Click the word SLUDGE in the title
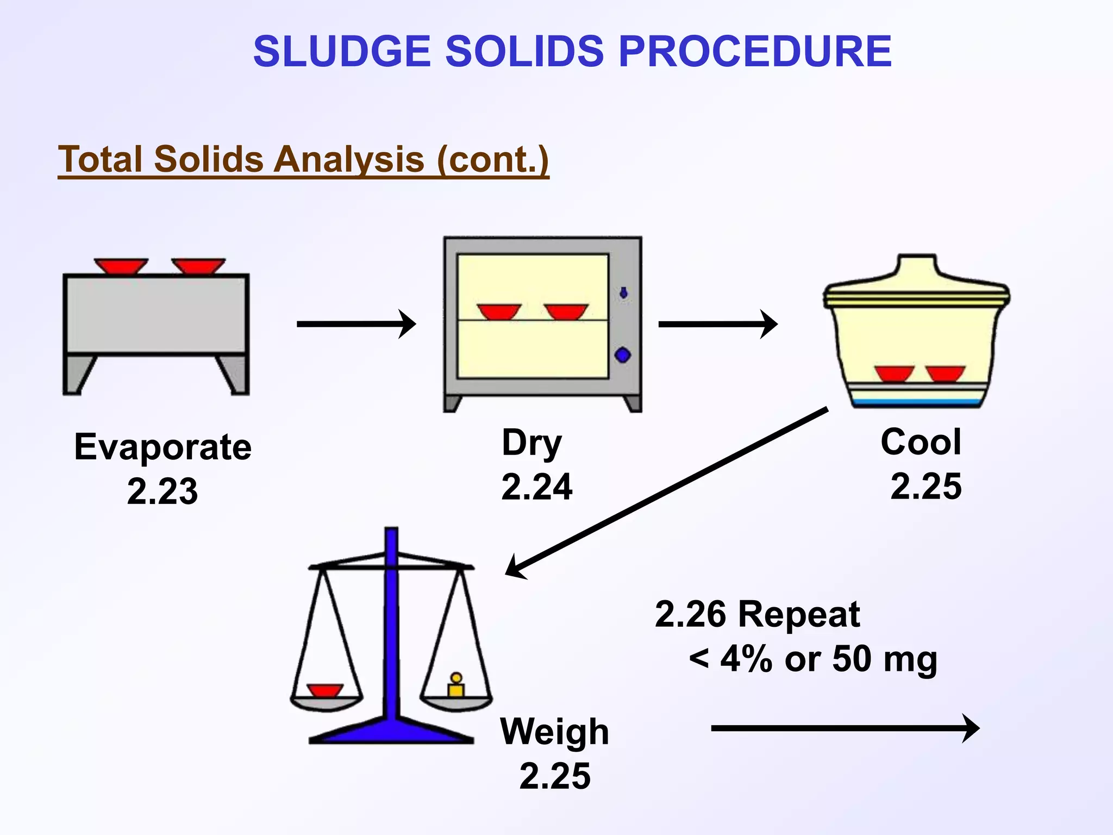click(342, 52)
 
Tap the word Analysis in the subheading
click(348, 160)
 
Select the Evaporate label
click(163, 448)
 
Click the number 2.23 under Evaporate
click(162, 491)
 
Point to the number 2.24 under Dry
click(536, 487)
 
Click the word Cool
click(921, 442)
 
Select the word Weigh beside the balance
click(554, 732)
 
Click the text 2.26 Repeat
click(757, 615)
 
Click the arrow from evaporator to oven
click(356, 324)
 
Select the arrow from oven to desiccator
click(717, 324)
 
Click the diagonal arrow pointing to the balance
click(666, 492)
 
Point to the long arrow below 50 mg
click(845, 728)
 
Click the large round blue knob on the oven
click(623, 356)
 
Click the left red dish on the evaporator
click(121, 266)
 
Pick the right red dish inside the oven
click(566, 311)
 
